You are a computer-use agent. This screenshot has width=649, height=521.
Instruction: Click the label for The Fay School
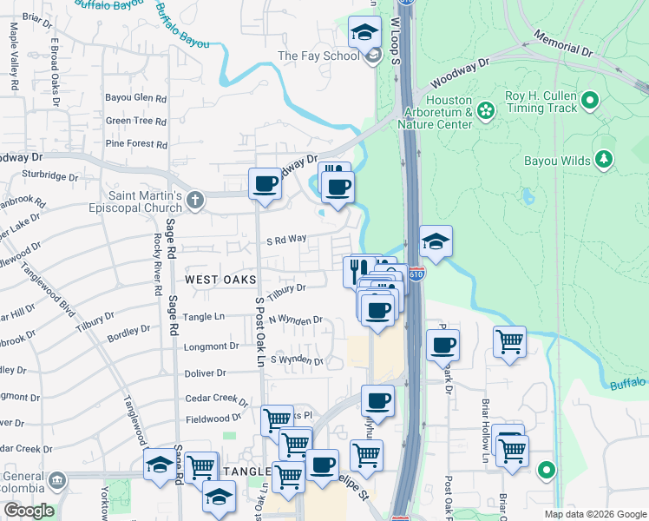[318, 56]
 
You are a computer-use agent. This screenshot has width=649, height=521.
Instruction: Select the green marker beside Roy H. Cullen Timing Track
[590, 101]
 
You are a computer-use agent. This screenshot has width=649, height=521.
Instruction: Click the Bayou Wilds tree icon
[604, 160]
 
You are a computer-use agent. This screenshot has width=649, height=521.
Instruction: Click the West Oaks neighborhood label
[220, 279]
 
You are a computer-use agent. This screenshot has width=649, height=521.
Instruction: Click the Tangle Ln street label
[203, 317]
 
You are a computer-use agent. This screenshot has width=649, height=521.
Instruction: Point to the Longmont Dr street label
[211, 346]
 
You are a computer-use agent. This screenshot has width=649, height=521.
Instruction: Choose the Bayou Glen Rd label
[135, 98]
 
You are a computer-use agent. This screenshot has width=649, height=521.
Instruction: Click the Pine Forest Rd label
[135, 144]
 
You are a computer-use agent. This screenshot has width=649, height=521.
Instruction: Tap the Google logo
[28, 511]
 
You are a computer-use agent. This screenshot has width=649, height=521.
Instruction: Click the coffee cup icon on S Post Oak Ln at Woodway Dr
[265, 184]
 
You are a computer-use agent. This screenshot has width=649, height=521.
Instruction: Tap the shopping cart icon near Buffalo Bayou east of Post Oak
[509, 340]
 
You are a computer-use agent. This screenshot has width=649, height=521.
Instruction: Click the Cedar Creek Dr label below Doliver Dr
[217, 399]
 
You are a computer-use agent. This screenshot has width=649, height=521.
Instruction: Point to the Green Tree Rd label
[135, 122]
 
